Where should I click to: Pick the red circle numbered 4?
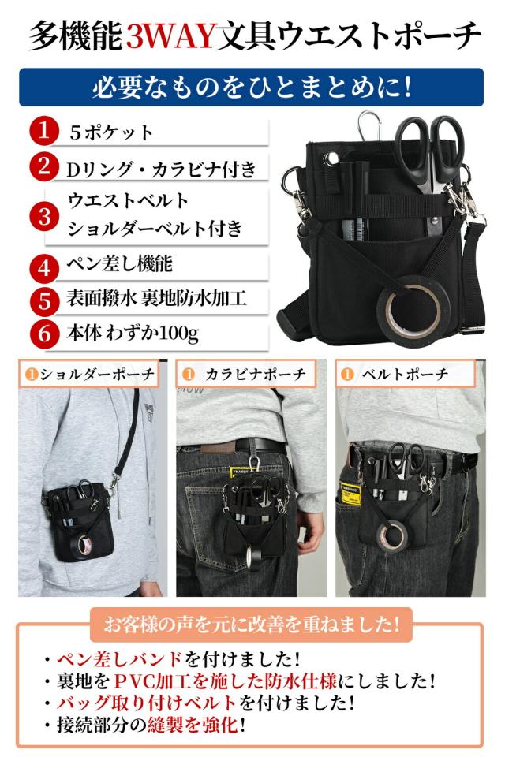tap(44, 264)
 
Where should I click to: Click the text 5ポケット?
tap(110, 132)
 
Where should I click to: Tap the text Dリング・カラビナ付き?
tap(161, 168)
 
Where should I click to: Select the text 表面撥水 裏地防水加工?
tap(157, 299)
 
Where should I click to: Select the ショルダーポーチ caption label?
tap(88, 374)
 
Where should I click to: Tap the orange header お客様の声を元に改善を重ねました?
tap(252, 625)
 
